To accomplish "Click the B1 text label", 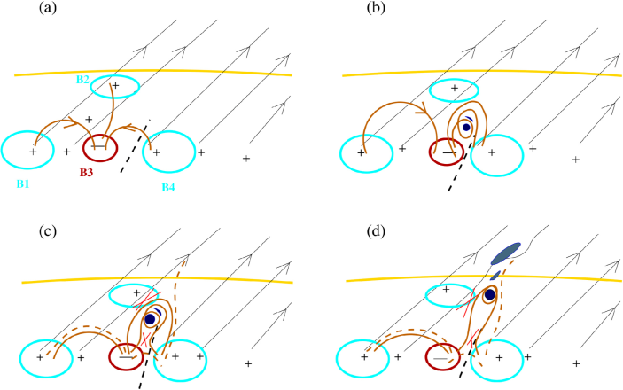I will coord(26,185).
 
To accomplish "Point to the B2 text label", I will coord(82,80).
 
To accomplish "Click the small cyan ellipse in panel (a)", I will coord(114,86).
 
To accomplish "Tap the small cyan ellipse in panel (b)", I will coord(453,90).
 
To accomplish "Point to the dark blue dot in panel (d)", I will coord(489,294).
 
